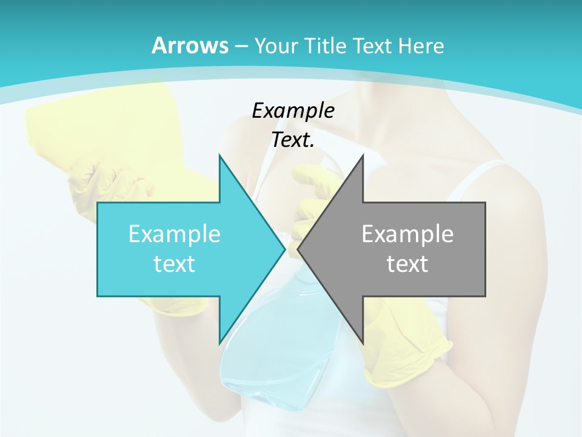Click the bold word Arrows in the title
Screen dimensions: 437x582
[190, 46]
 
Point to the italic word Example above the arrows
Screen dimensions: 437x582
[293, 110]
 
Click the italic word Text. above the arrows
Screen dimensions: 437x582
[293, 140]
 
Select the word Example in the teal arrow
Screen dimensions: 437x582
[174, 234]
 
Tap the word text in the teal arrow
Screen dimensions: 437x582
[174, 263]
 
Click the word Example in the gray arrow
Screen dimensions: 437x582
[407, 234]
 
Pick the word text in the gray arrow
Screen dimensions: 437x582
[407, 263]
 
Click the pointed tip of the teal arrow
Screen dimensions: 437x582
[284, 249]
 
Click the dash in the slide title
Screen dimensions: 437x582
[241, 46]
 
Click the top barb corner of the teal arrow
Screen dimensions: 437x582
[219, 156]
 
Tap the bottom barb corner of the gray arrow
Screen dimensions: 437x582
[363, 343]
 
